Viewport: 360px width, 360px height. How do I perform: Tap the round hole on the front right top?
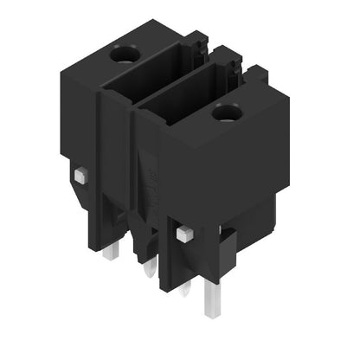(x=228, y=111)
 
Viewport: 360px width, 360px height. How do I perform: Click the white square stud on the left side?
(x=80, y=176)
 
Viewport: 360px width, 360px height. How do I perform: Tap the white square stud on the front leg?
(x=183, y=233)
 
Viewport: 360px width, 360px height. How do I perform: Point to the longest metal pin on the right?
(x=210, y=298)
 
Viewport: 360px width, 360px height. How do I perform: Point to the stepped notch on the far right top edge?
(x=280, y=91)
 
